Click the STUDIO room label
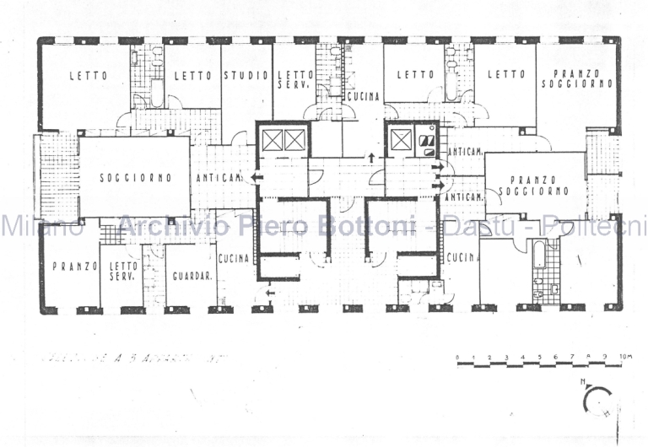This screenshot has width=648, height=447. coord(246,76)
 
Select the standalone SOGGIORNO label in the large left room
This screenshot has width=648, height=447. coord(135,178)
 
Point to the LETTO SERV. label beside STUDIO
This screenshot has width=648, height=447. coord(294,80)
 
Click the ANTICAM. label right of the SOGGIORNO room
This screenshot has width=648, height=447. coord(220,178)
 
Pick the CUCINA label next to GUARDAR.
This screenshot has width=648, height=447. coord(233,259)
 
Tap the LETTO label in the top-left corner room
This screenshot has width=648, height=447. coord(87,76)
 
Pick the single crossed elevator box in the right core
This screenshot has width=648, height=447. coord(399,139)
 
